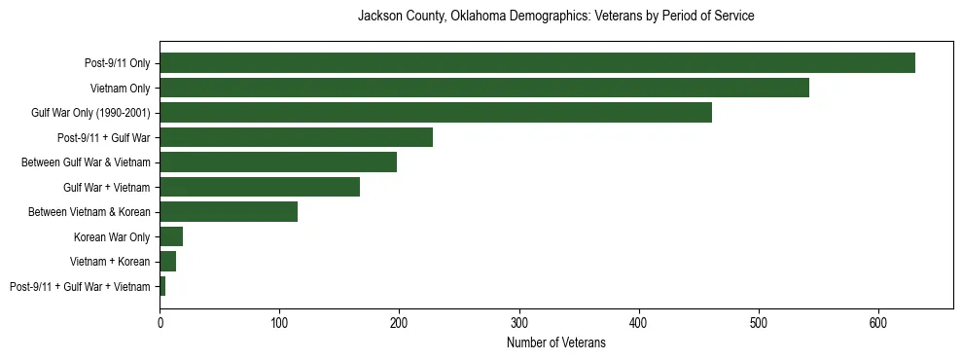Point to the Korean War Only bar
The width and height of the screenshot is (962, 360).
[x=171, y=236]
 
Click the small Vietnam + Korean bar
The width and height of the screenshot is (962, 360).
[x=167, y=262]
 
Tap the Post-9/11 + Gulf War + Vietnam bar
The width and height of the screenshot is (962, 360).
[x=162, y=286]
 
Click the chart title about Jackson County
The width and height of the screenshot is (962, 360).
[x=555, y=17]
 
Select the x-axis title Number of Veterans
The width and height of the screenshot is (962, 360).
[x=555, y=342]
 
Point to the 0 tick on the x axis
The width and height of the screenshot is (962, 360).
[x=160, y=322]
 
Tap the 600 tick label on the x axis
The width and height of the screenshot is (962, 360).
[x=878, y=322]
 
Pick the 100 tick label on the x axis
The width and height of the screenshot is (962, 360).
[x=279, y=322]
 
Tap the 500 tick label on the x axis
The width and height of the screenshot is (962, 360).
[x=759, y=322]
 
